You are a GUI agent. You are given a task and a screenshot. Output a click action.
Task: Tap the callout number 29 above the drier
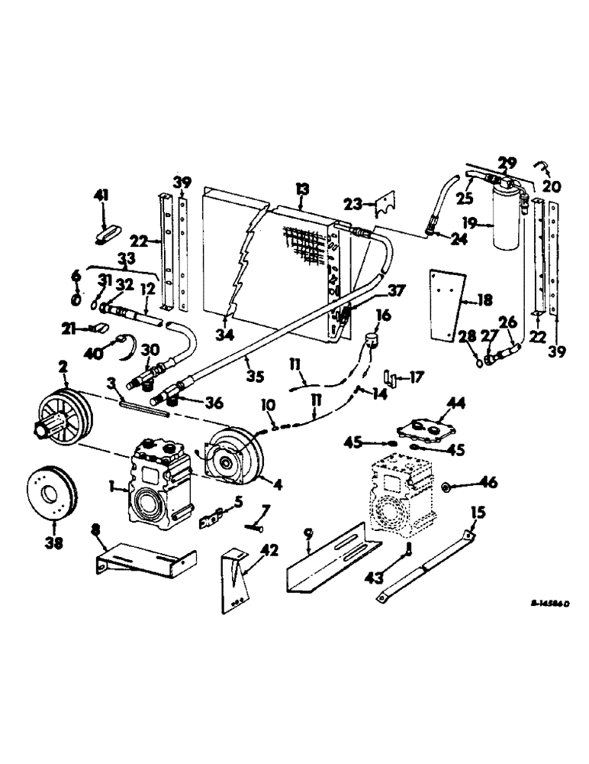507,163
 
